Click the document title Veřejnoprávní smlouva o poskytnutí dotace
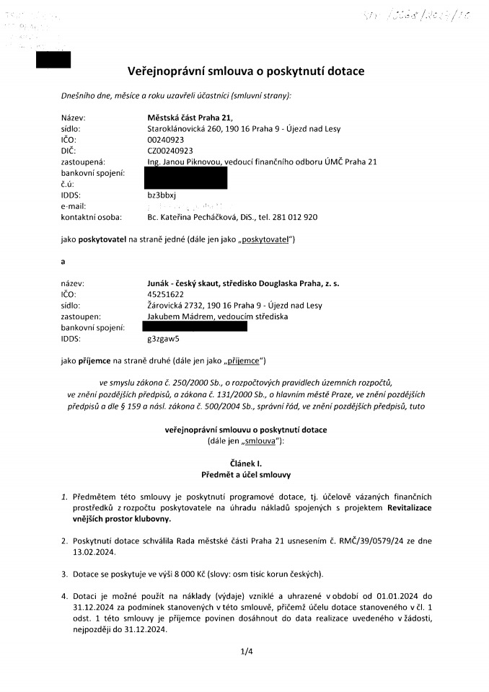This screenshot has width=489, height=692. [246, 71]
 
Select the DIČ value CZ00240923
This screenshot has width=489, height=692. [169, 151]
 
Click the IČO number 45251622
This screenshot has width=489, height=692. [165, 294]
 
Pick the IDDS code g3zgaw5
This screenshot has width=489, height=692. [163, 337]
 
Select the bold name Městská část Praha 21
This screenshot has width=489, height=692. [190, 118]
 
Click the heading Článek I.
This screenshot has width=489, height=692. [245, 465]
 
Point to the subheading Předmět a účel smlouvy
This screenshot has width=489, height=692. [245, 476]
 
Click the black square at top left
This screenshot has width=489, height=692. [53, 60]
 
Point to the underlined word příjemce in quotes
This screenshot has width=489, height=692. [244, 360]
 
